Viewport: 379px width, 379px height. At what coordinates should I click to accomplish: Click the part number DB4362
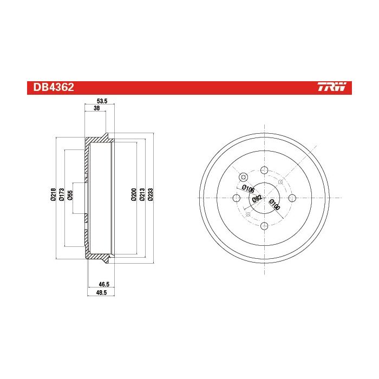coord(54,87)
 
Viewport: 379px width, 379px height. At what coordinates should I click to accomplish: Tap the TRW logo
coord(332,87)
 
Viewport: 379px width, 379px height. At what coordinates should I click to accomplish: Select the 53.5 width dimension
coord(102,101)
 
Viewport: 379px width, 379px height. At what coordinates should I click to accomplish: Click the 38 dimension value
coord(96,108)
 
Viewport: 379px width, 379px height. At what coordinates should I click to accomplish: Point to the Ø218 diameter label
coord(54,194)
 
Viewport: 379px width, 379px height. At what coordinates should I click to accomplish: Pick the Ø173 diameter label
coord(61,194)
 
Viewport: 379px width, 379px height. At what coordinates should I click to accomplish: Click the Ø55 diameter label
coord(70,195)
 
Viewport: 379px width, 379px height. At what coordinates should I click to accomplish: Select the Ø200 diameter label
coord(134,194)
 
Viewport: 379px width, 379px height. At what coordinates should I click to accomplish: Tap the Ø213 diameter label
coord(142,194)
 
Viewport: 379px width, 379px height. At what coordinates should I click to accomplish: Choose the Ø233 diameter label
coord(150,194)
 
